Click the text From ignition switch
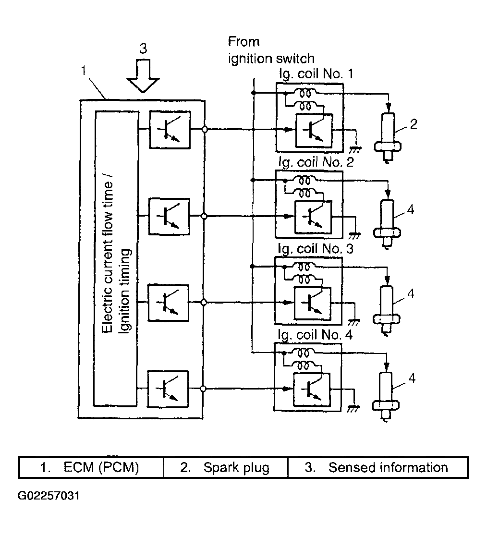coord(271,50)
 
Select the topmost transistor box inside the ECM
coord(170,129)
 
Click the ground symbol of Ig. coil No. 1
coord(356,148)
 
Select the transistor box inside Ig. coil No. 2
coord(312,216)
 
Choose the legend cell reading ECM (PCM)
coord(91,468)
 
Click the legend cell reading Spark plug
coord(225,468)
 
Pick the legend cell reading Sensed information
coord(377,468)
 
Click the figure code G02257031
coord(49,495)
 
